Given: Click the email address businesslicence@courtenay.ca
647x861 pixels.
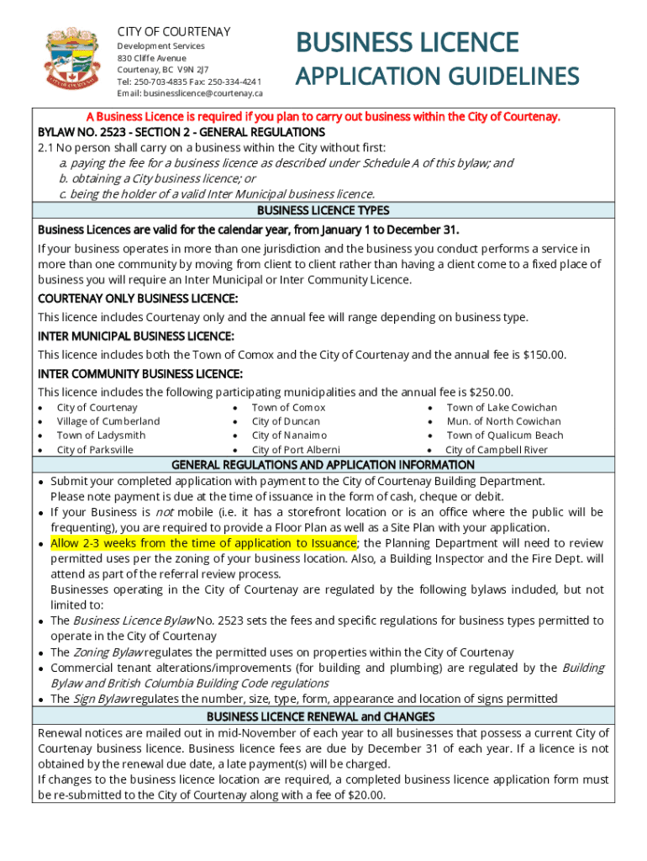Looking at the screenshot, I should (201, 93).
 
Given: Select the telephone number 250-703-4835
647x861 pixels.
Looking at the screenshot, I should (165, 82).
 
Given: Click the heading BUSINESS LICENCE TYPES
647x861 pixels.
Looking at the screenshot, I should (323, 210).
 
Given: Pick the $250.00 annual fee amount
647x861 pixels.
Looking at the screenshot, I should (491, 392).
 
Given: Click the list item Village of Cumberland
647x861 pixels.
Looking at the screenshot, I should (108, 421).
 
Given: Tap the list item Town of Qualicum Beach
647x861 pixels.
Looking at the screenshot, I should (504, 436).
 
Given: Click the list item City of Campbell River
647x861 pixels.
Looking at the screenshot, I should (496, 450).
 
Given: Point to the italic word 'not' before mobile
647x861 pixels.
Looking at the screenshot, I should (164, 512).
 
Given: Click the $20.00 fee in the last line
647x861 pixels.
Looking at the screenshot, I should (366, 795).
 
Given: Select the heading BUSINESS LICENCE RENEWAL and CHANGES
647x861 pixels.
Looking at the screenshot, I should (321, 716).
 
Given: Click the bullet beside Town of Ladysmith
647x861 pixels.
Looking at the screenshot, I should (42, 436).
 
